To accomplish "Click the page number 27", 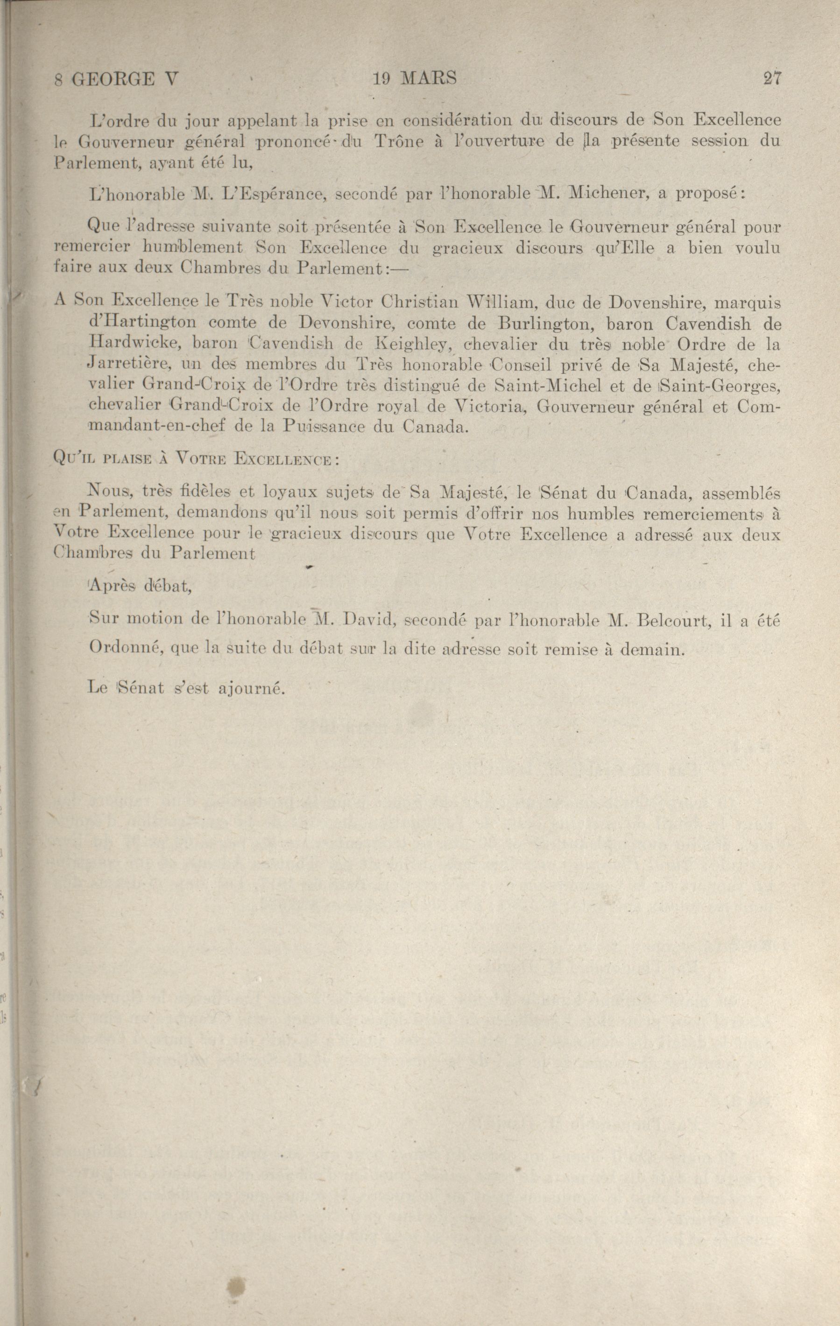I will coord(772,79).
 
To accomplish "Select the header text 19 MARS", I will coord(414,79).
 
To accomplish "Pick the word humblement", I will coord(192,248).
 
